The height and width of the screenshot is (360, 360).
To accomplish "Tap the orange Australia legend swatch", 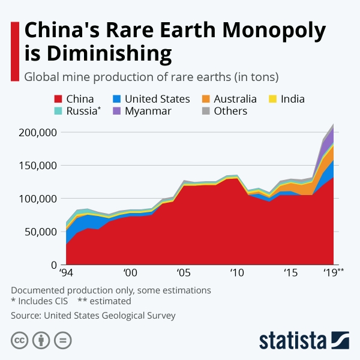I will click(x=205, y=99).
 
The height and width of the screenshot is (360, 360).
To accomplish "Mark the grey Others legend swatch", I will click(x=205, y=111).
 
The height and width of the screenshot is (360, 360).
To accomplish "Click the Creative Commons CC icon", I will click(x=20, y=340).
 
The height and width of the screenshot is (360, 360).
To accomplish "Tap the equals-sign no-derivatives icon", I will click(x=62, y=340).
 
